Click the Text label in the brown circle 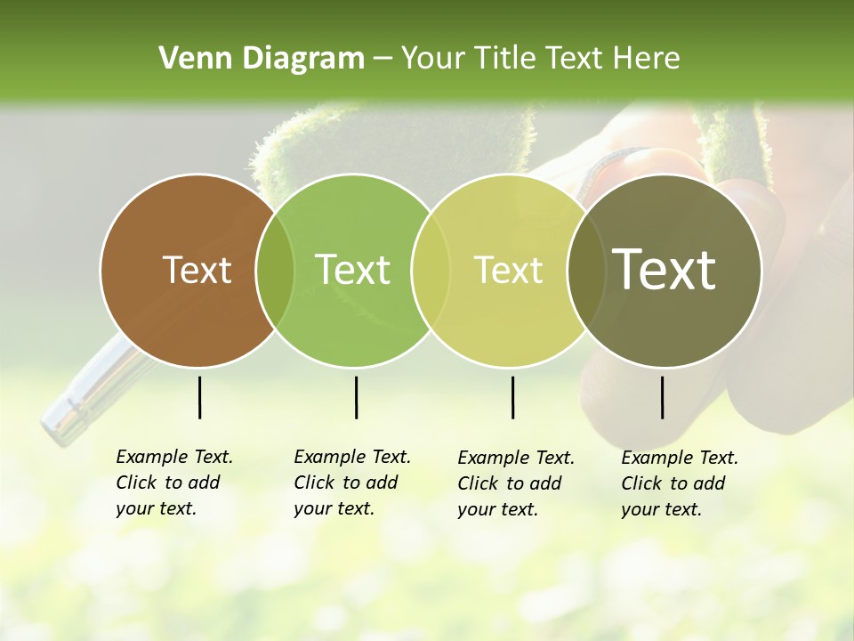tap(197, 270)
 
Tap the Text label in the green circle tap(352, 270)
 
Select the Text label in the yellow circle tap(508, 270)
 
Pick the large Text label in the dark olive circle tap(664, 270)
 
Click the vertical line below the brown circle tap(199, 397)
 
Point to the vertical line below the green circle tap(356, 397)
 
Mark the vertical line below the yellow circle tap(512, 397)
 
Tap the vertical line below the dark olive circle tap(662, 397)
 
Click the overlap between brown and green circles tap(275, 270)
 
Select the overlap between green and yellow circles tap(431, 270)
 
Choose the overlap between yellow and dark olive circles tap(586, 270)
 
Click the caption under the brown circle tap(173, 483)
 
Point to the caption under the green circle tap(351, 483)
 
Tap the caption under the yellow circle tap(515, 483)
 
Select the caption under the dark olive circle tap(679, 483)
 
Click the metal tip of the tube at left tap(59, 423)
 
